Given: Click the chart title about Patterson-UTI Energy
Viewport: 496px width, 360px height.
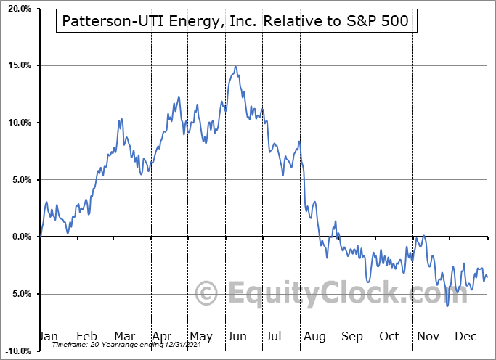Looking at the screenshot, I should click(236, 22).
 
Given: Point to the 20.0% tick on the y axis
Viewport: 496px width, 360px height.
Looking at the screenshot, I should click(19, 9).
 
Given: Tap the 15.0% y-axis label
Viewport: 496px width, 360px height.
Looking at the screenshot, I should click(19, 66).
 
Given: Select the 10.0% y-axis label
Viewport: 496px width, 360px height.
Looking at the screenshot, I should click(19, 123).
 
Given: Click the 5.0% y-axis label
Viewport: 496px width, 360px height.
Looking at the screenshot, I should click(21, 180).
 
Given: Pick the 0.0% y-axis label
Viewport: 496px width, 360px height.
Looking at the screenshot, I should click(21, 237).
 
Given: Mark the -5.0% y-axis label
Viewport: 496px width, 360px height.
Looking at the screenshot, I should click(20, 294).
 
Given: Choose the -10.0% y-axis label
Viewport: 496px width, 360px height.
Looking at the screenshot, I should click(18, 351).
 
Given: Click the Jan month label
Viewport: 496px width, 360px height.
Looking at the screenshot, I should click(48, 336).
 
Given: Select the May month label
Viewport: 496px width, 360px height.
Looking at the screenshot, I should click(200, 336).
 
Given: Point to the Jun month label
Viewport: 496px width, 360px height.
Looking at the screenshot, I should click(238, 336).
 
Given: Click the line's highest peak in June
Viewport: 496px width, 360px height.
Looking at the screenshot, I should click(235, 67).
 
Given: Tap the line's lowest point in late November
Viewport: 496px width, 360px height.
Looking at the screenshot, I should click(447, 306).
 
